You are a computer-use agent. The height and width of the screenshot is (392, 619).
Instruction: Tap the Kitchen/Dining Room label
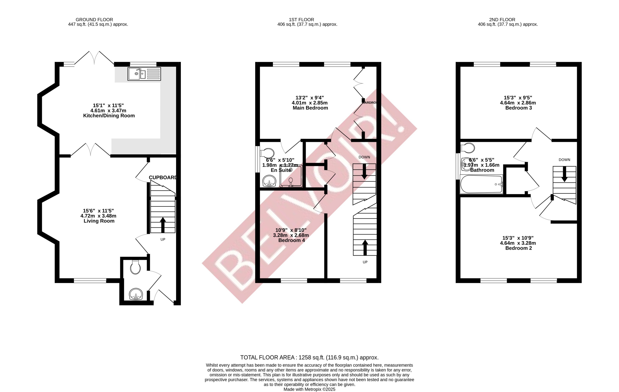[109, 116]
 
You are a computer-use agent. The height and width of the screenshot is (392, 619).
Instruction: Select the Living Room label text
[99, 221]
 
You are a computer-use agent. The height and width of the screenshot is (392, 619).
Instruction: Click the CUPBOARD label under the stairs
[163, 177]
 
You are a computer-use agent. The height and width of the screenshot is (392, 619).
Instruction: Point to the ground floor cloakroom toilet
[135, 267]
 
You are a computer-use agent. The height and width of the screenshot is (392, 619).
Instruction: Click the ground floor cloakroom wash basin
[136, 294]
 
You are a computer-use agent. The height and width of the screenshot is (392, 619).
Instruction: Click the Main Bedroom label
[310, 108]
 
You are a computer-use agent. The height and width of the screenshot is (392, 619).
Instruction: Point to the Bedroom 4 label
[291, 240]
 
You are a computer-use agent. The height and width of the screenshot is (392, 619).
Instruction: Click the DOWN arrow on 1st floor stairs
[364, 172]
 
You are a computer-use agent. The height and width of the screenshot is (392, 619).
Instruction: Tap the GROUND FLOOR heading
[94, 19]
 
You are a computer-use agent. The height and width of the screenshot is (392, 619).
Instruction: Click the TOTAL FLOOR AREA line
[309, 357]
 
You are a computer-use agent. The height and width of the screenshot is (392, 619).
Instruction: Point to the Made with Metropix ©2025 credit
[309, 389]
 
